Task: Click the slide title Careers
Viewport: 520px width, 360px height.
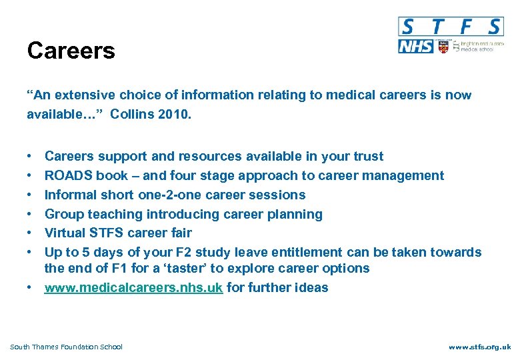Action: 71,51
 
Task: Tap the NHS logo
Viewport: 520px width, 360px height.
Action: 415,47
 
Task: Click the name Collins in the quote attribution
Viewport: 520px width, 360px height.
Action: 133,114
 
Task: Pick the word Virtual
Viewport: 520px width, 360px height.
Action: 65,233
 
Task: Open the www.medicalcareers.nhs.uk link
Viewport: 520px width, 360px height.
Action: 133,288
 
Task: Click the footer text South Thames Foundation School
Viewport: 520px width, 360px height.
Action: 67,347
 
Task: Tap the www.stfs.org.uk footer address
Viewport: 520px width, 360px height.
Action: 479,347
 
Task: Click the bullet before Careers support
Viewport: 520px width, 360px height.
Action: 31,157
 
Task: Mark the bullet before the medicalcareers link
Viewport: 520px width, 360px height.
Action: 31,288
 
